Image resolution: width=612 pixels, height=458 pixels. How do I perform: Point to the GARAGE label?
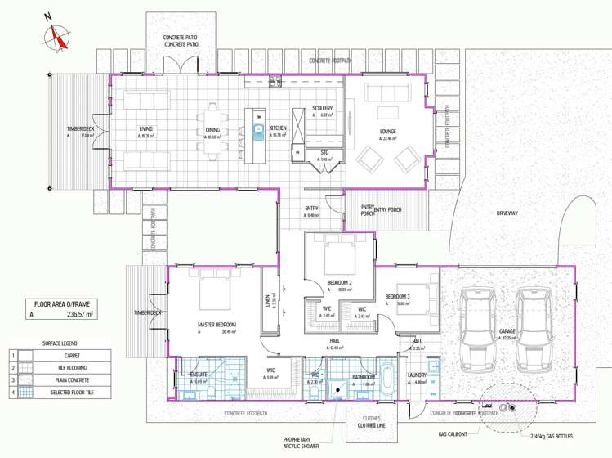(x=507, y=331)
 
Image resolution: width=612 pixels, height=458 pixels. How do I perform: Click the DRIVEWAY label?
(x=507, y=213)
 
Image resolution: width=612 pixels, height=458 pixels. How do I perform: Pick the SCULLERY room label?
(x=322, y=108)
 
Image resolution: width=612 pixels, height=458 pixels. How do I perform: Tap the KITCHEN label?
(x=279, y=128)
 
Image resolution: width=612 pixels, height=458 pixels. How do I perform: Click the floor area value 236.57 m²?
(x=79, y=312)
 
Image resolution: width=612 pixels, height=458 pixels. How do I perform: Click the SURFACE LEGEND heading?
(x=60, y=343)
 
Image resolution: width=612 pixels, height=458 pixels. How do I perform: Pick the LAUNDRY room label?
(x=418, y=375)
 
